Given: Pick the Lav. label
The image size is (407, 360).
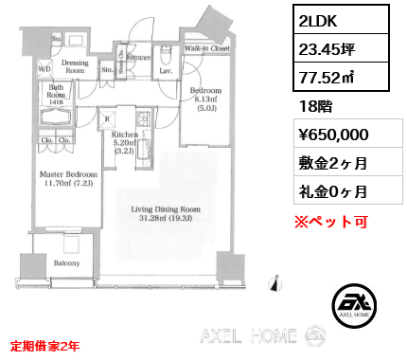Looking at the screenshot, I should tap(164, 70).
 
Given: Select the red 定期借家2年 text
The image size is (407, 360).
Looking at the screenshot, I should tap(44, 345).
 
